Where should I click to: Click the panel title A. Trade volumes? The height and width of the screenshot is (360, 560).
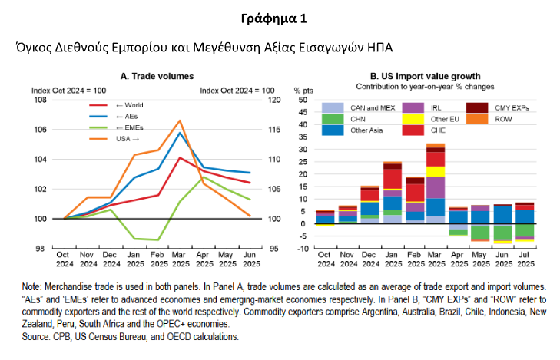click(x=157, y=76)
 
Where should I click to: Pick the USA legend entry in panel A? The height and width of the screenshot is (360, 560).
click(x=128, y=139)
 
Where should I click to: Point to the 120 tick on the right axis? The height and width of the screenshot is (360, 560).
click(x=273, y=100)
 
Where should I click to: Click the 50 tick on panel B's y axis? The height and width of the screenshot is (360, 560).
click(x=302, y=100)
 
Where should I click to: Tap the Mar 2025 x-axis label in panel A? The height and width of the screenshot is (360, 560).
click(x=180, y=259)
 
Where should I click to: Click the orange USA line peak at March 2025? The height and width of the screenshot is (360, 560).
click(x=179, y=121)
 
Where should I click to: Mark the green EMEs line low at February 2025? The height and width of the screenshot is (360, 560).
click(x=158, y=239)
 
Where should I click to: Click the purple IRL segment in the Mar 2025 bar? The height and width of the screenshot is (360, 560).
click(x=436, y=187)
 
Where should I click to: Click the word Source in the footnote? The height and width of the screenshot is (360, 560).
click(x=36, y=336)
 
